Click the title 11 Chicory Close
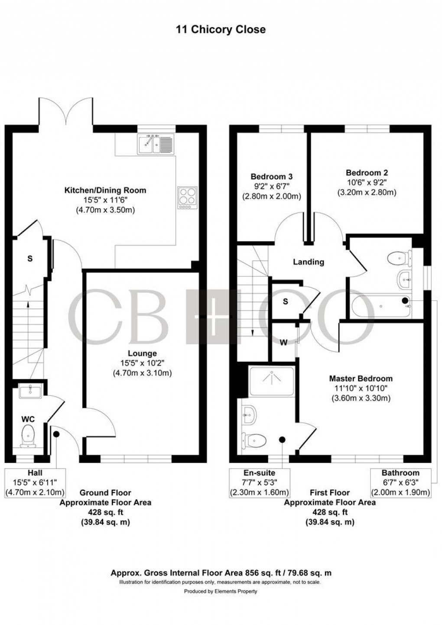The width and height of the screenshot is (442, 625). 221,29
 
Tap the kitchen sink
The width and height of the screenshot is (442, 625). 156,144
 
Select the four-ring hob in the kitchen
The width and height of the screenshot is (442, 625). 187,198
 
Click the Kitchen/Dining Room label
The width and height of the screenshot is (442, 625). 105,190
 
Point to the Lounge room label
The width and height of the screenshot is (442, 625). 142,353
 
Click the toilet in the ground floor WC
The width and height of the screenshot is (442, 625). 28,435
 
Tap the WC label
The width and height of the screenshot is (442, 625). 28,419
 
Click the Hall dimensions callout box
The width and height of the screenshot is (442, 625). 35,483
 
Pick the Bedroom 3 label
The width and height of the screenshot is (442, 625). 271,176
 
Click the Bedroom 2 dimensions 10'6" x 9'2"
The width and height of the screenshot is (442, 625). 367,182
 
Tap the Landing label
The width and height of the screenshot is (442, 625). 309,262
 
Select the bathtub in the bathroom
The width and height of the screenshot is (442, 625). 381,307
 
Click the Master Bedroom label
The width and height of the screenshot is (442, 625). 361,378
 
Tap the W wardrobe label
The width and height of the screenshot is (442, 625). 283,343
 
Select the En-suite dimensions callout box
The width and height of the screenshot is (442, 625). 260,483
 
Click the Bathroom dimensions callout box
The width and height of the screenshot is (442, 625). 400,483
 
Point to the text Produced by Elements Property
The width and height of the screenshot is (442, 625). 221,591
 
